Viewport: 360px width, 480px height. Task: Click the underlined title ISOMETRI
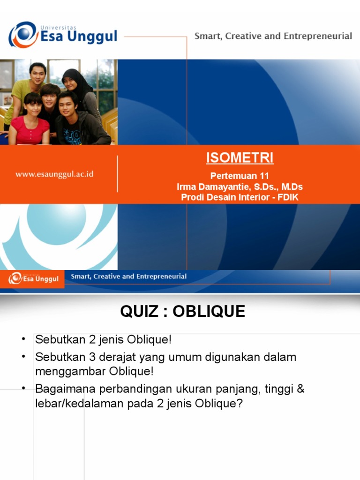(240, 158)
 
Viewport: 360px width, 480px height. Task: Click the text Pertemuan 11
(240, 176)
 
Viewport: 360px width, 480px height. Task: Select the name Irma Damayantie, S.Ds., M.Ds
(240, 187)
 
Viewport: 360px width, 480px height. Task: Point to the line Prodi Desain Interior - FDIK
(240, 197)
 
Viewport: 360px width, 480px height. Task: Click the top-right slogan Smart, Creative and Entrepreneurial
(273, 36)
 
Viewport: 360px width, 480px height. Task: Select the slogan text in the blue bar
(128, 277)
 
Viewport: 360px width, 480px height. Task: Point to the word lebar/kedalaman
(79, 403)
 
